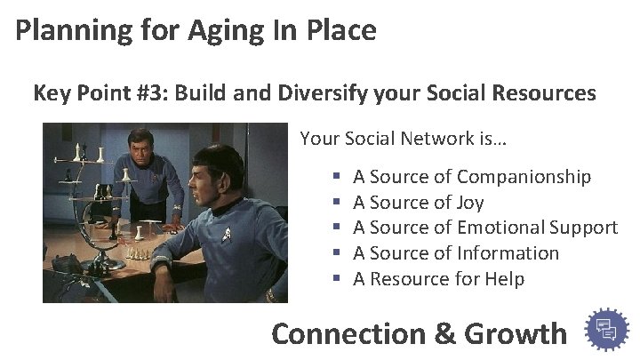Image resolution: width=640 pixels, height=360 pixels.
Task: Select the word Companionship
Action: click(x=524, y=177)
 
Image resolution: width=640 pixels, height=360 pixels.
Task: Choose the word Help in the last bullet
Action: click(x=504, y=279)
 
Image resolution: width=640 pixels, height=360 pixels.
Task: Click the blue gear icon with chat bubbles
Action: click(x=607, y=330)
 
